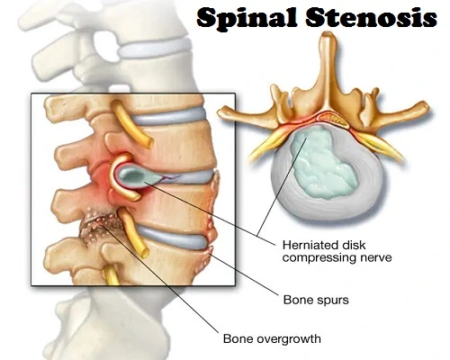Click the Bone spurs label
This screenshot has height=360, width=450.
tap(316, 300)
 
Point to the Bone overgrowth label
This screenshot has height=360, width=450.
tap(272, 338)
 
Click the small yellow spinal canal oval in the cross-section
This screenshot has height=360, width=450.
tap(332, 118)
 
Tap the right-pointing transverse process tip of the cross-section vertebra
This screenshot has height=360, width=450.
tap(425, 105)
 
